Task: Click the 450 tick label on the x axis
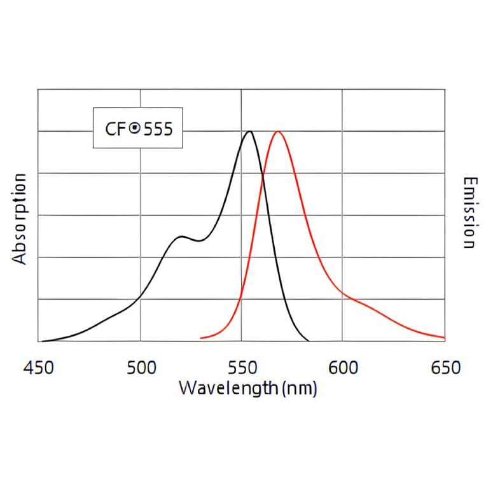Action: point(39,368)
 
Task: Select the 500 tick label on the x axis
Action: point(141,368)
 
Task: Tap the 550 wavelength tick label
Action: point(242,368)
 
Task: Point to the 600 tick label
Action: point(343,368)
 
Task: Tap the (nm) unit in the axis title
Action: point(298,388)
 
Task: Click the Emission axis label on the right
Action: point(469,213)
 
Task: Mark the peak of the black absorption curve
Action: point(249,132)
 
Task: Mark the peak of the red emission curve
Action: point(278,132)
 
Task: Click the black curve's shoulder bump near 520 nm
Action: point(181,237)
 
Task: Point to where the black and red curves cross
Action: point(263,179)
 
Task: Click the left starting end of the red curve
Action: point(201,338)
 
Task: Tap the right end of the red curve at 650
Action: point(443,337)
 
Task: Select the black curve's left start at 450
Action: point(40,341)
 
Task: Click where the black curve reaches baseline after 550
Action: point(309,341)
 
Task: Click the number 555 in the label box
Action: point(158,128)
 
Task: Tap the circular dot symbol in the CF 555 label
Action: point(134,128)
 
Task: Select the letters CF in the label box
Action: point(116,128)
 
